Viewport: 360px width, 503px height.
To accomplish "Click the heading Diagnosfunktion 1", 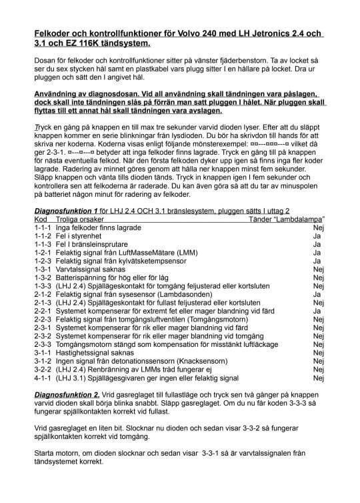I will click(x=66, y=211).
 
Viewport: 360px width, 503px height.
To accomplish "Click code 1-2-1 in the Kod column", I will click(x=43, y=254).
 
